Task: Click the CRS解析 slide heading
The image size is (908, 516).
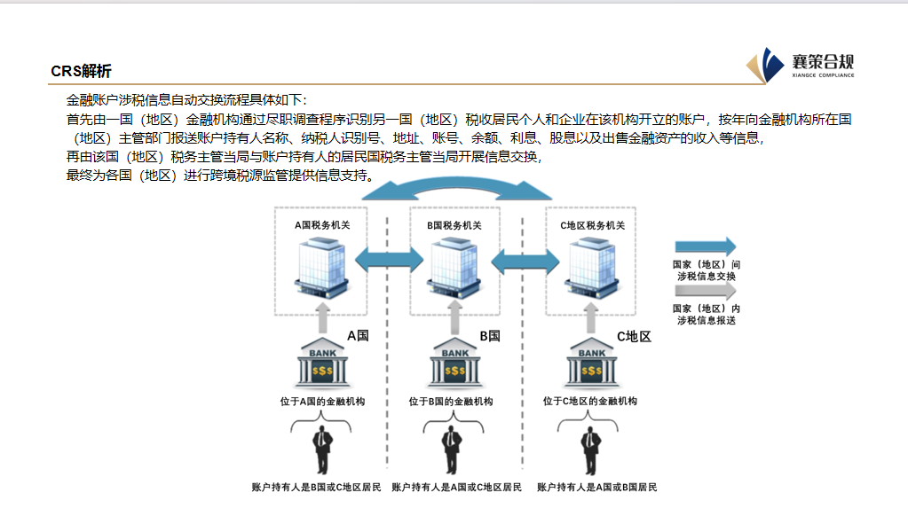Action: tap(82, 72)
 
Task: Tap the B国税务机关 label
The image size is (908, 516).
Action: tap(454, 225)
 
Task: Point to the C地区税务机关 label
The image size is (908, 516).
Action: tap(593, 225)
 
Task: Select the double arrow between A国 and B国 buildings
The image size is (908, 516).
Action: tap(388, 259)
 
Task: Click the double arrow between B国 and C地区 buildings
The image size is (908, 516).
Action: tap(525, 259)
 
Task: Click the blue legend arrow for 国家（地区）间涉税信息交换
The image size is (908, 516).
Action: tap(706, 247)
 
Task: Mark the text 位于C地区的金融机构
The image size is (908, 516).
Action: tap(590, 402)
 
